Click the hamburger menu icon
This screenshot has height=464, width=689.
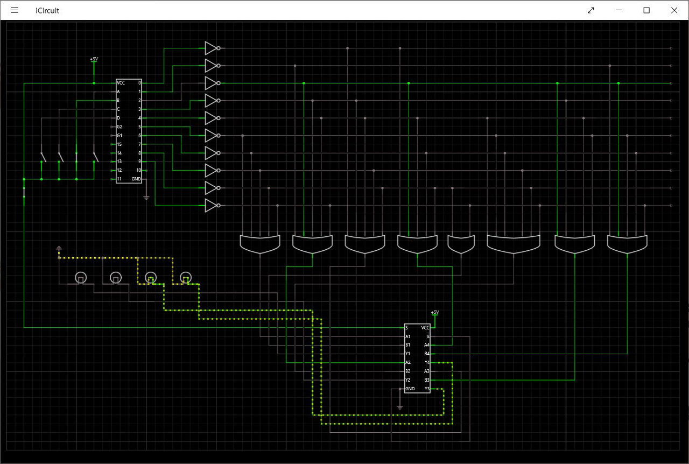(15, 10)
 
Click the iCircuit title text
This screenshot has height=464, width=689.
(47, 10)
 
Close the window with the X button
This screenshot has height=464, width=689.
(674, 10)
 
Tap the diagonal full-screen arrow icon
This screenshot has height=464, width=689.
(590, 10)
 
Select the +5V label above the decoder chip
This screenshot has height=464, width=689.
(94, 59)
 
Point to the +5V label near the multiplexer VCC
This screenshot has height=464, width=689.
(435, 312)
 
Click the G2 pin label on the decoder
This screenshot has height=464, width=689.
(119, 127)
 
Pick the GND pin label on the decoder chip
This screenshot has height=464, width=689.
(136, 179)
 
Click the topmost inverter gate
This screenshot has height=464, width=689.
(211, 48)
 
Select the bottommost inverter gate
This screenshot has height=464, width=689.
(211, 205)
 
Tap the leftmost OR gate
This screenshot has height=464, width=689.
(260, 243)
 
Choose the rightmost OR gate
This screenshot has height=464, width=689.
(627, 243)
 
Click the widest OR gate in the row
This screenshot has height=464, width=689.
(514, 243)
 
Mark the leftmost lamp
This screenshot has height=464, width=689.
(80, 278)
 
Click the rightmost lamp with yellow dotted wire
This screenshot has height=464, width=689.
(186, 278)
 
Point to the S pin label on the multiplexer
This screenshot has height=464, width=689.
(407, 327)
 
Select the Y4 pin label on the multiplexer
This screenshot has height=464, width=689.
(427, 362)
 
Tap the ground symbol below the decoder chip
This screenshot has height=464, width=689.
(146, 198)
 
